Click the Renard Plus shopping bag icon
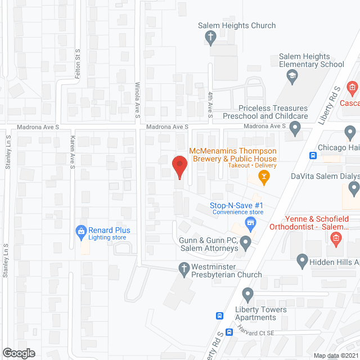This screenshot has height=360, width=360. coord(82,230)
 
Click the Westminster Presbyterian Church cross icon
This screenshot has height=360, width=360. coord(183,268)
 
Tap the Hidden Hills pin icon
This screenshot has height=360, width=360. coord(302,261)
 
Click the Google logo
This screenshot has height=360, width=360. coord(19,353)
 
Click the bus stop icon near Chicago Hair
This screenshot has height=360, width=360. coord(313,155)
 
